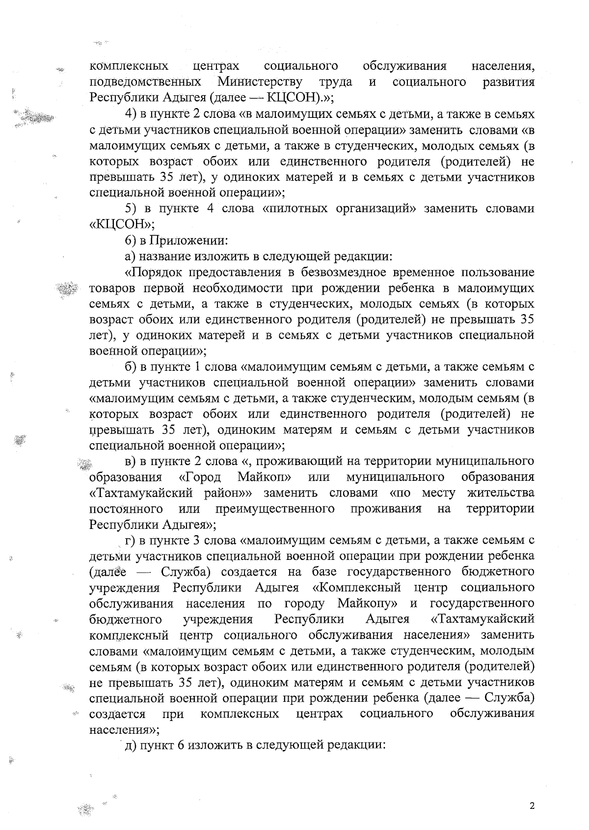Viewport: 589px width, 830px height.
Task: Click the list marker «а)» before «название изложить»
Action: point(131,256)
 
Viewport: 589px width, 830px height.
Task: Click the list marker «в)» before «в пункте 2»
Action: point(131,461)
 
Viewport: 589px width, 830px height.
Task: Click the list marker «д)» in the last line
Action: point(130,745)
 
